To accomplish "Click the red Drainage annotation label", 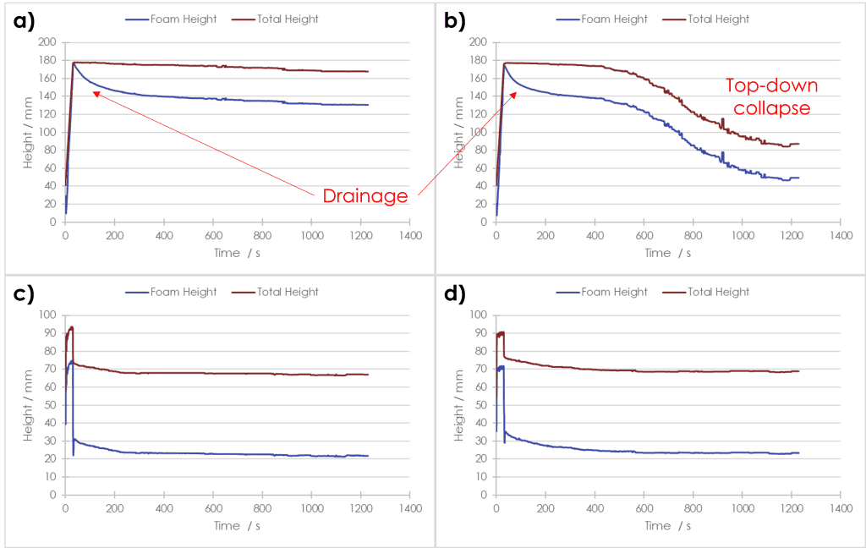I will click(365, 196).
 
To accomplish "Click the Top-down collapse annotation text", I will click(772, 97).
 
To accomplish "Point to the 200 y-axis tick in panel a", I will click(47, 42).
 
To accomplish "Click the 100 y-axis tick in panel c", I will click(47, 315).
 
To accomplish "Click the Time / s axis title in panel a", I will click(238, 253).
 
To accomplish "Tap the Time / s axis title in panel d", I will click(668, 526).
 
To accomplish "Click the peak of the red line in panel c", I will click(72, 327).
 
